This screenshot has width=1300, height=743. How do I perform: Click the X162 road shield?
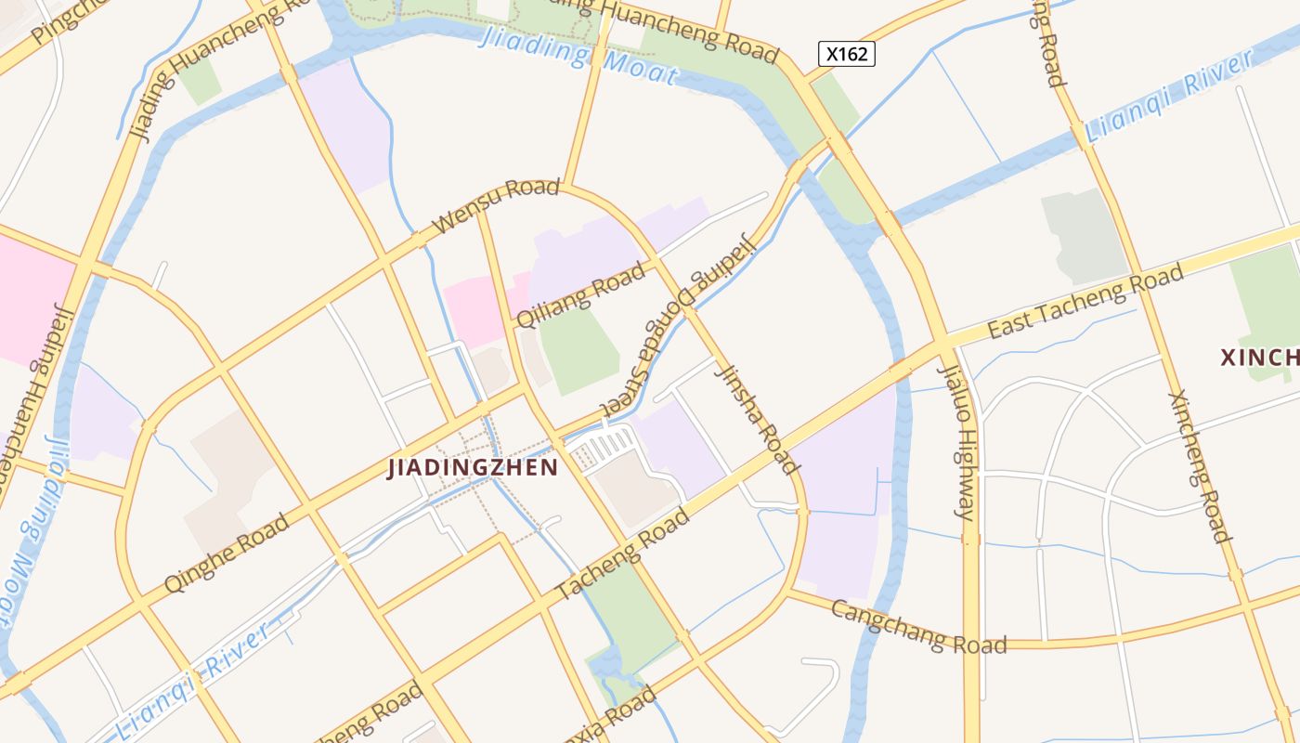[846, 54]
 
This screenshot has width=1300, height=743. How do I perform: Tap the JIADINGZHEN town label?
[473, 467]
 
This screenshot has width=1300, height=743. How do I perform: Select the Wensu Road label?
[497, 205]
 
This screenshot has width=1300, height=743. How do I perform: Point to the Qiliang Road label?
[580, 295]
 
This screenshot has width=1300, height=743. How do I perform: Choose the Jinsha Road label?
[758, 417]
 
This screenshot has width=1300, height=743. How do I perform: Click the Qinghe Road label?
[227, 554]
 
